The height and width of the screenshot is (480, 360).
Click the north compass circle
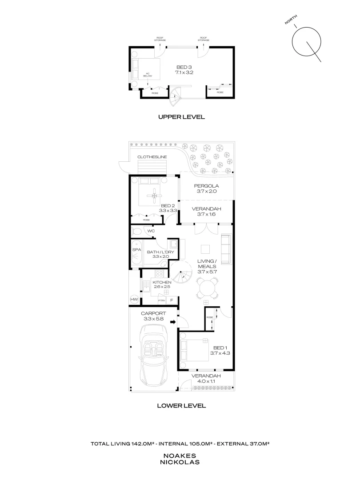pos(307,42)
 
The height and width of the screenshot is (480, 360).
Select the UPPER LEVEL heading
pos(181,117)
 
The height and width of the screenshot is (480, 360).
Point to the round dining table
pos(208,288)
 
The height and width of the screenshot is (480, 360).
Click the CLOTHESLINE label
pos(152,157)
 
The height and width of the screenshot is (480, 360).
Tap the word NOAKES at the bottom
pos(180,456)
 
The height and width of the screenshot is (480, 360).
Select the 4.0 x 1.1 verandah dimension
pos(206,382)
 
